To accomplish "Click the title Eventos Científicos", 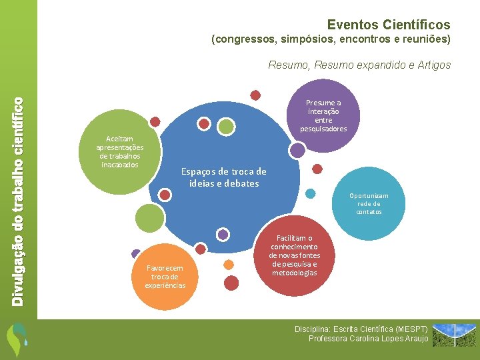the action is [389, 25].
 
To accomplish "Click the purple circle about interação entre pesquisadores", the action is [323, 115].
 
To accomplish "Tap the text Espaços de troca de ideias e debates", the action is [223, 177].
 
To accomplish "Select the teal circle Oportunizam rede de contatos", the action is [369, 203].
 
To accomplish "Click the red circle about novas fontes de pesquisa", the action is [295, 255].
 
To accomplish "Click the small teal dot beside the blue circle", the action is [310, 194].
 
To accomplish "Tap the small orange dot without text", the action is [229, 265].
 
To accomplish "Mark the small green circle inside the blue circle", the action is [227, 126].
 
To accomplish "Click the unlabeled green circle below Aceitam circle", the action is [149, 217].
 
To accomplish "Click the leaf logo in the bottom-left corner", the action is [17, 339].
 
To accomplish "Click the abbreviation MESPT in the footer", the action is [413, 329].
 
